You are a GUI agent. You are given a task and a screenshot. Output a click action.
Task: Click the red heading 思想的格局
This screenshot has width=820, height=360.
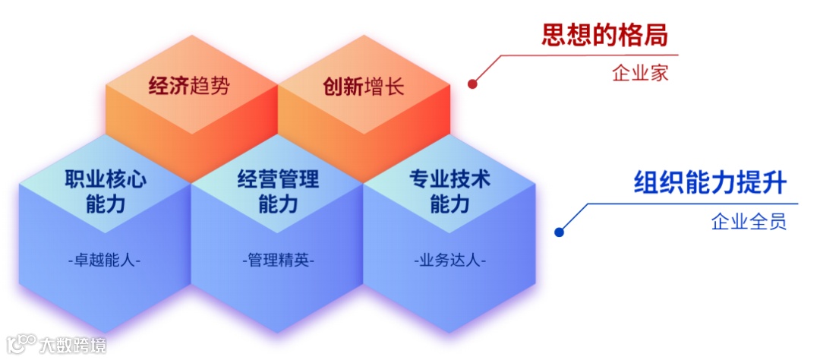point(608,35)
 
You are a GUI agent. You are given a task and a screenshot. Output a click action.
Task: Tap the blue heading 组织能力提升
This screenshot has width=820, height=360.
point(710,183)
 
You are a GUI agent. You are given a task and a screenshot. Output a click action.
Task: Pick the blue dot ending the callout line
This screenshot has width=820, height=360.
point(560,232)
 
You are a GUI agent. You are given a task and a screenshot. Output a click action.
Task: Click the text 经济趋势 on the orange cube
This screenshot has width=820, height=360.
point(189,86)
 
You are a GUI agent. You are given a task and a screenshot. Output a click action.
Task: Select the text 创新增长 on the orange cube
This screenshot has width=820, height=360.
point(364,86)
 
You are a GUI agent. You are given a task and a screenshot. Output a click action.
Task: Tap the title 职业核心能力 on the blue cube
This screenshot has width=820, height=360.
point(106,191)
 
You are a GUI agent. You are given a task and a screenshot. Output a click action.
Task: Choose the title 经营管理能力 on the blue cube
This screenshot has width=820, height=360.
point(278,191)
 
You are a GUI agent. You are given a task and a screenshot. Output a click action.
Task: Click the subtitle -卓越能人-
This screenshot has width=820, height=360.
point(105,260)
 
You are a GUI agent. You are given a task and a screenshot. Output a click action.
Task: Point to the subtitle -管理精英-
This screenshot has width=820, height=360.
point(278,260)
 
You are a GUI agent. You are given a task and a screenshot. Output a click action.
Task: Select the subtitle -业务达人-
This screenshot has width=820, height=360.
point(450,260)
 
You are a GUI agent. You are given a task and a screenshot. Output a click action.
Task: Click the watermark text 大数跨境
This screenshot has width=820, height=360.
point(73,345)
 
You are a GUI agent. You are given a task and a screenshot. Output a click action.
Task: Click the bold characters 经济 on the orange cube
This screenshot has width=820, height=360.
point(169,86)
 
